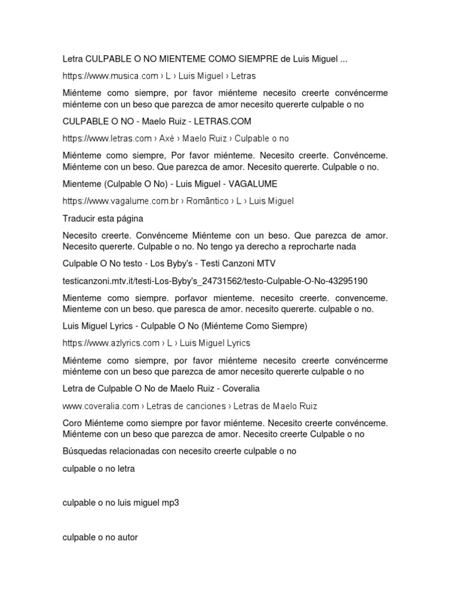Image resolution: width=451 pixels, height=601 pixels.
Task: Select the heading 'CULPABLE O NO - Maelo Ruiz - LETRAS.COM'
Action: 157,121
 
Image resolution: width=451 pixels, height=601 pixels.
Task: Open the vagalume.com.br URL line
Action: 178,201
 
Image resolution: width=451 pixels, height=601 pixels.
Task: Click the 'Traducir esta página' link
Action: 103,218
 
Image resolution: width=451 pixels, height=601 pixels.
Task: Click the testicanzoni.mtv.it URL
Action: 215,281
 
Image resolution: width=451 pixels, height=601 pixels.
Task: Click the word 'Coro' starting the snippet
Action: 73,423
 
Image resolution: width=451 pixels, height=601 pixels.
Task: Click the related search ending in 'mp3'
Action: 120,502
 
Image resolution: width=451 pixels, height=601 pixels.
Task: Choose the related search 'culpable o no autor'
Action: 100,537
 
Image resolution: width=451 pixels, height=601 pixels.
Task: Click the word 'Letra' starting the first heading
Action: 73,59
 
